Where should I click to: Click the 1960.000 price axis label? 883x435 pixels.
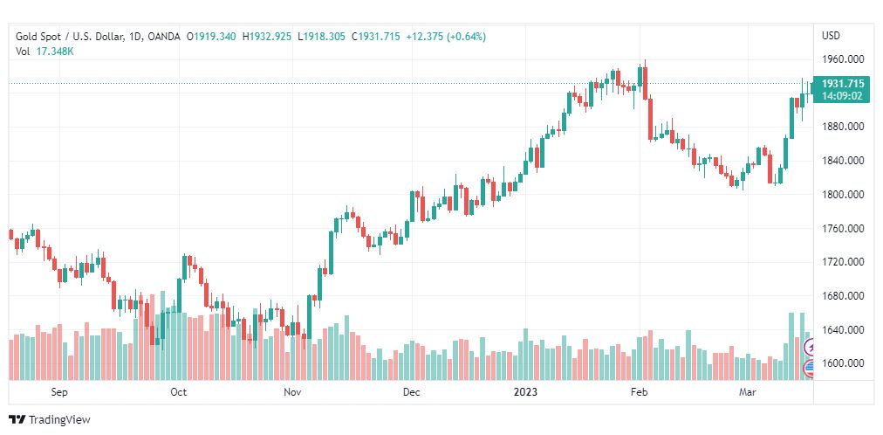[x=843, y=59]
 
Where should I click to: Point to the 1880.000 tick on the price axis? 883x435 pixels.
[x=843, y=127]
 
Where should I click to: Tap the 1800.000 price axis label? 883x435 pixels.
[x=843, y=195]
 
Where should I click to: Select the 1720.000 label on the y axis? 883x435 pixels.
[x=843, y=262]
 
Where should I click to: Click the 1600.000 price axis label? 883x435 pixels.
[x=843, y=363]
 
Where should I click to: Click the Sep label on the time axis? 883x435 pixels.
[x=59, y=392]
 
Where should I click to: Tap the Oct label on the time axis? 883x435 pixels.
[x=178, y=392]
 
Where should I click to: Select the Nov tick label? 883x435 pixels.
[x=292, y=392]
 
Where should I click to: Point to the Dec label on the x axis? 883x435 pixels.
[x=412, y=392]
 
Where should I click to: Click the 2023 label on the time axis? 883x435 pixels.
[x=526, y=392]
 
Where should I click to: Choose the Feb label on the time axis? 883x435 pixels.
[x=640, y=392]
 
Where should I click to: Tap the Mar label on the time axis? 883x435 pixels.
[x=747, y=392]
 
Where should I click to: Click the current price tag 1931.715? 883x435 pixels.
[x=843, y=83]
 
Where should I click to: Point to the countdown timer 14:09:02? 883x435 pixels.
[x=843, y=95]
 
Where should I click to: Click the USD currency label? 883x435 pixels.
[x=831, y=36]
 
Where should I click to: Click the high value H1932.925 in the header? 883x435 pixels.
[x=267, y=37]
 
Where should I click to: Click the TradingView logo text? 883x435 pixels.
[x=58, y=420]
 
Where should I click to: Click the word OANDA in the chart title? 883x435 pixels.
[x=163, y=37]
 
